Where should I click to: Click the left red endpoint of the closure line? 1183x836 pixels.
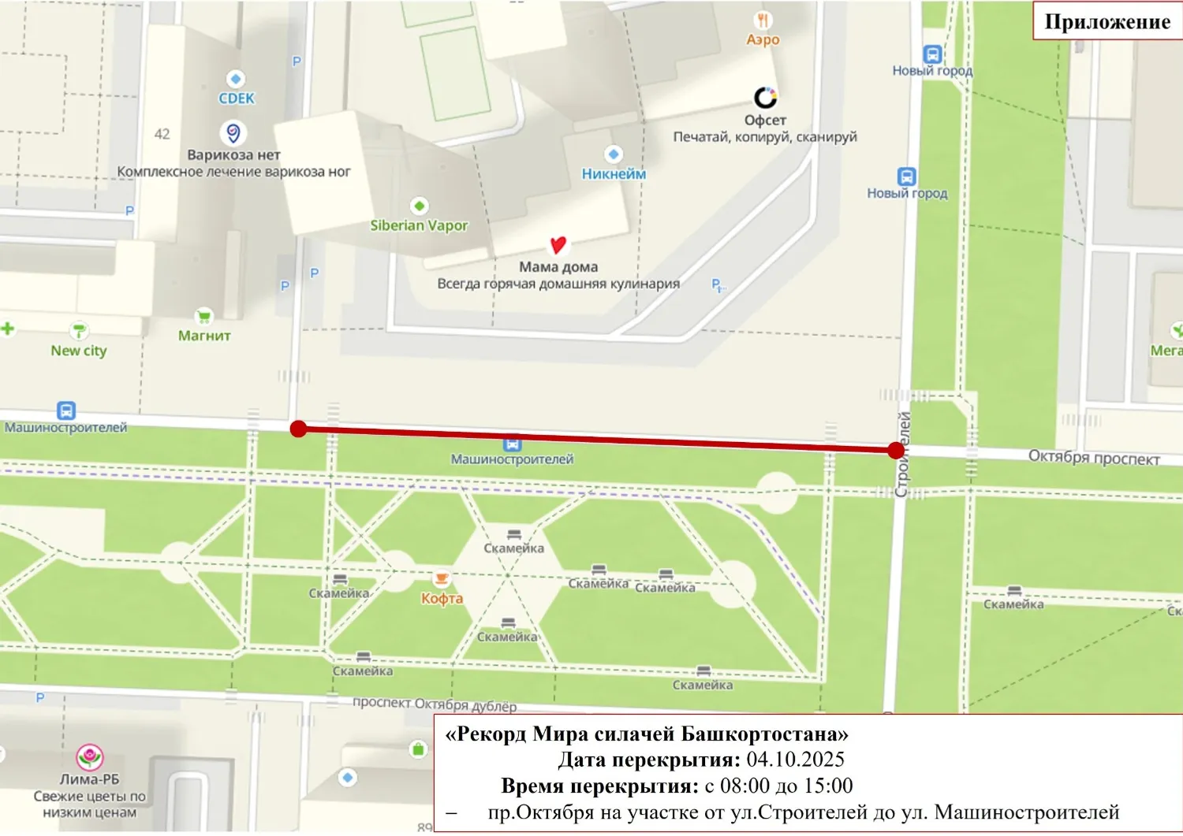[298, 429]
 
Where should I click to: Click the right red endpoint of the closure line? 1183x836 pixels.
[895, 451]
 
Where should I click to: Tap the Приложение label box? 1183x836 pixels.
[1106, 21]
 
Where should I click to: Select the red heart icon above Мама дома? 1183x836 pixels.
[558, 245]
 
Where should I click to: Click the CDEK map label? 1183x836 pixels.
[237, 98]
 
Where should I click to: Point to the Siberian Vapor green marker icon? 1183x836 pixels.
[420, 206]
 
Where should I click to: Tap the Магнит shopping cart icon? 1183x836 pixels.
[204, 316]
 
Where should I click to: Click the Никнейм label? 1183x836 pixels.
[614, 174]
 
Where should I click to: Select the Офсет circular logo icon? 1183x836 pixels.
[765, 97]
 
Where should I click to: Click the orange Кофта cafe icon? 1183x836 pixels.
[442, 578]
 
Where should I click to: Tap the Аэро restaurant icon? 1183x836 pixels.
[763, 20]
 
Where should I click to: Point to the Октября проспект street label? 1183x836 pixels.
[1093, 457]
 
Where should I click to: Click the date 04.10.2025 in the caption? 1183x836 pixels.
[795, 760]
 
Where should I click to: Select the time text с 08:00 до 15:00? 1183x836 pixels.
[778, 786]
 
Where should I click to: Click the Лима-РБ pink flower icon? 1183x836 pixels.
[89, 757]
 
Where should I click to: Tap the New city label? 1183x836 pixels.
[79, 351]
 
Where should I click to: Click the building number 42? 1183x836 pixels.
[162, 134]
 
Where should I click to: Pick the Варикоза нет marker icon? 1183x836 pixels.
[233, 132]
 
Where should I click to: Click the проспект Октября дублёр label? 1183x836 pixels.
[434, 704]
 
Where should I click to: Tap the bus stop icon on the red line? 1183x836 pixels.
[513, 444]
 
